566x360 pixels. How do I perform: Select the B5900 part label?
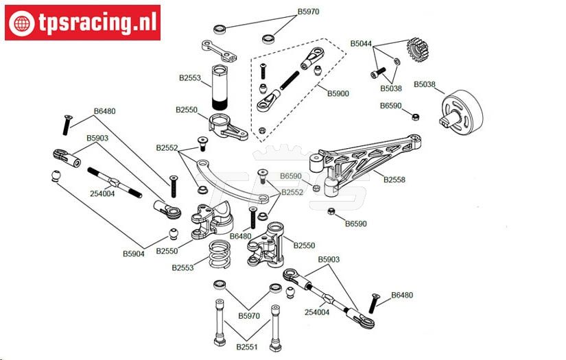(338, 93)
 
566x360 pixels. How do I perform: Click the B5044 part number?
(361, 43)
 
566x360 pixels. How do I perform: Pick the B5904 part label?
(134, 253)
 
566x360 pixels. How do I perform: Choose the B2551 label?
(247, 347)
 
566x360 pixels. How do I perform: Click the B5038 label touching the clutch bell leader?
(425, 85)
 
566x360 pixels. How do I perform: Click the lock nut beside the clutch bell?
(415, 116)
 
